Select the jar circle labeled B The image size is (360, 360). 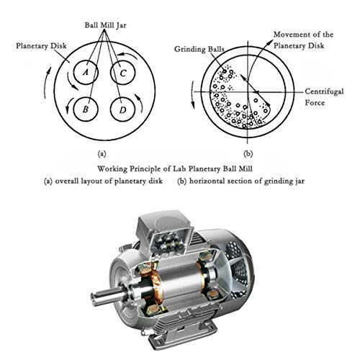click(85, 109)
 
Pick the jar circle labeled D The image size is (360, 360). click(124, 109)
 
